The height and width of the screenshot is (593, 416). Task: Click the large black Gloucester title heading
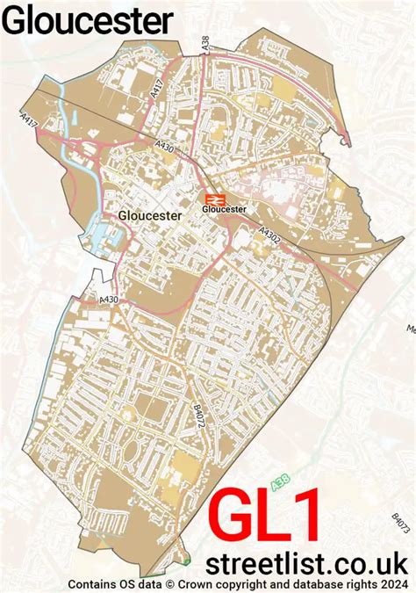87,19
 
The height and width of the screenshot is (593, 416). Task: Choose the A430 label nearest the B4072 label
109,300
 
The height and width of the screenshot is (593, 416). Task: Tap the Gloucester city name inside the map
148,214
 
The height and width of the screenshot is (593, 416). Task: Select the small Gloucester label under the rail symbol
224,210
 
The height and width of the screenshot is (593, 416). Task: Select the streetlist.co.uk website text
306,562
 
